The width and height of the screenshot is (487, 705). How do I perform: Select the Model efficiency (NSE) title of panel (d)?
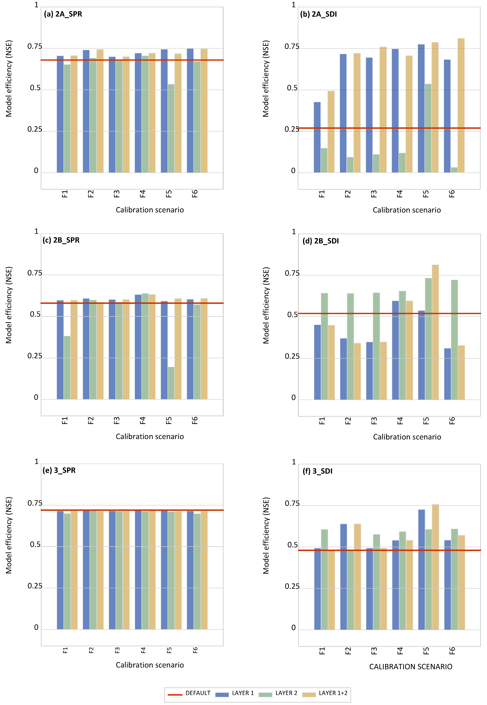click(266, 305)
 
